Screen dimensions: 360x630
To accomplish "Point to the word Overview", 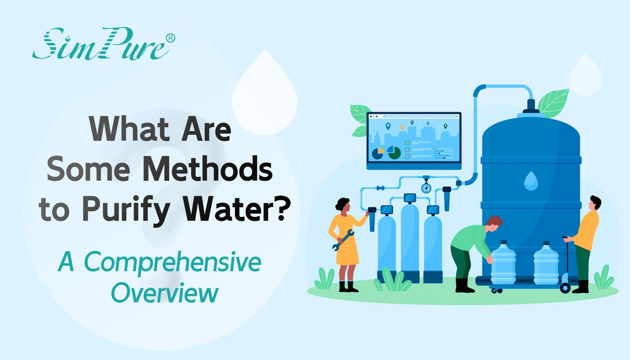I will pyautogui.click(x=164, y=293).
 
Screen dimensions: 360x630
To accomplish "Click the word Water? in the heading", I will pyautogui.click(x=241, y=211).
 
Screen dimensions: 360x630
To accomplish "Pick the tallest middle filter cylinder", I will pyautogui.click(x=409, y=241).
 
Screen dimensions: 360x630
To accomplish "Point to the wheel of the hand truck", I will pyautogui.click(x=565, y=288).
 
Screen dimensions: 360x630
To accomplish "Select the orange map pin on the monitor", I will pyautogui.click(x=402, y=126).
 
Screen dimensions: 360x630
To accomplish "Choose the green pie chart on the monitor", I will pyautogui.click(x=393, y=152).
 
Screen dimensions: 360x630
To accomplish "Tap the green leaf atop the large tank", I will pyautogui.click(x=553, y=103).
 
